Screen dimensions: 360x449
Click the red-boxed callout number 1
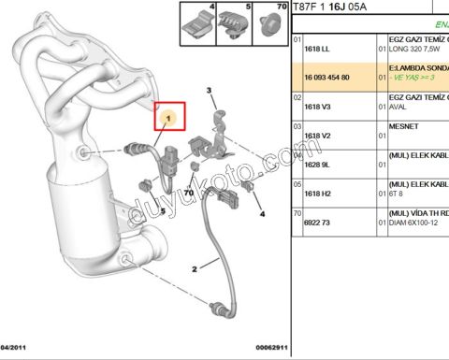pos(168,118)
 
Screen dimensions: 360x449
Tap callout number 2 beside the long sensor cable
pos(194,268)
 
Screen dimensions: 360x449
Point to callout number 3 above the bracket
pos(210,90)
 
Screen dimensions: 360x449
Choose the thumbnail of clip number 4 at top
pos(197,24)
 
